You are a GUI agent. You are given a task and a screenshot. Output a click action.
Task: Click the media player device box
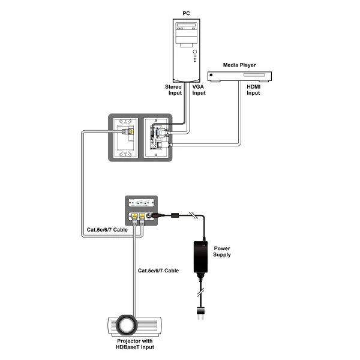pos(239,76)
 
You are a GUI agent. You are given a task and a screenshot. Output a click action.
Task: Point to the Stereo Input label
pos(173,90)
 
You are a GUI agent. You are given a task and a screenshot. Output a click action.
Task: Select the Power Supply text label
pos(221,251)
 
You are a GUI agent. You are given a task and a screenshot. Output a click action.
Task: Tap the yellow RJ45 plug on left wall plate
pos(125,130)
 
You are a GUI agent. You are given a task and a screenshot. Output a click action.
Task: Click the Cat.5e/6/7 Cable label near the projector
pos(158,271)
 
